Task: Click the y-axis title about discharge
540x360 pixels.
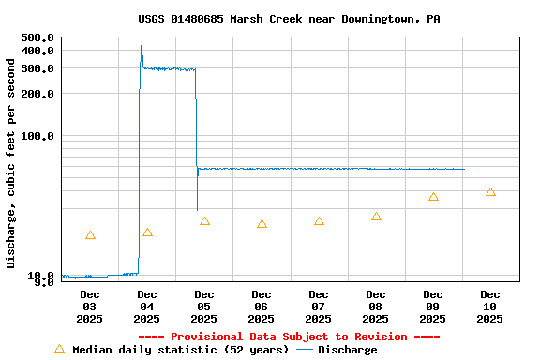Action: [11, 163]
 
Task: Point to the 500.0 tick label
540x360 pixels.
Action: [37, 37]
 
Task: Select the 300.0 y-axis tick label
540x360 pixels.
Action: [37, 68]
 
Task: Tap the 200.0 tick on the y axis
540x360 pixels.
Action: [37, 94]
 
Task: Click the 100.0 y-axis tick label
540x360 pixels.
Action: [37, 136]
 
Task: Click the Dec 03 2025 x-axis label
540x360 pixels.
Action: [90, 307]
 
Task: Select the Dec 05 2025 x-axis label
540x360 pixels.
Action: [204, 307]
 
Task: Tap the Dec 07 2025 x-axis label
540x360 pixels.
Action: [319, 307]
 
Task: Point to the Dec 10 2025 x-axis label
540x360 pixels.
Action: [490, 307]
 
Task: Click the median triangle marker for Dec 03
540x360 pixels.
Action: [90, 234]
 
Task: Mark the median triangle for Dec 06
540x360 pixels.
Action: [262, 224]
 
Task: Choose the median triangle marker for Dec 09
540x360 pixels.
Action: [433, 197]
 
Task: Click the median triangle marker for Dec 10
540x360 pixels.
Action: [490, 192]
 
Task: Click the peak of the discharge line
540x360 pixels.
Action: [142, 45]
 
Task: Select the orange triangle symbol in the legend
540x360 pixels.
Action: [59, 349]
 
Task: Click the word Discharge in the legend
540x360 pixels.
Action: [347, 350]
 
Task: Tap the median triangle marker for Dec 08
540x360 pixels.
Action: [376, 217]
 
